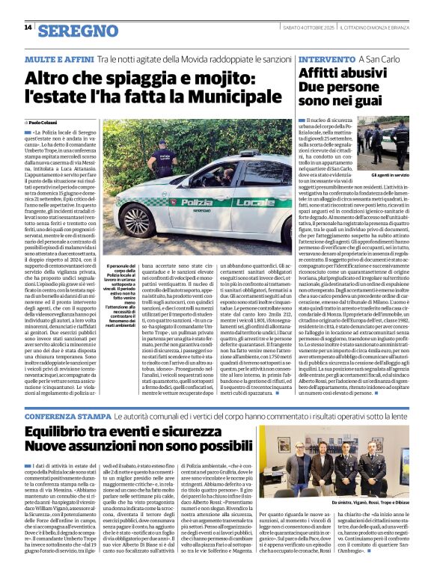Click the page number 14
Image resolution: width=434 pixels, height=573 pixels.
click(28, 28)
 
